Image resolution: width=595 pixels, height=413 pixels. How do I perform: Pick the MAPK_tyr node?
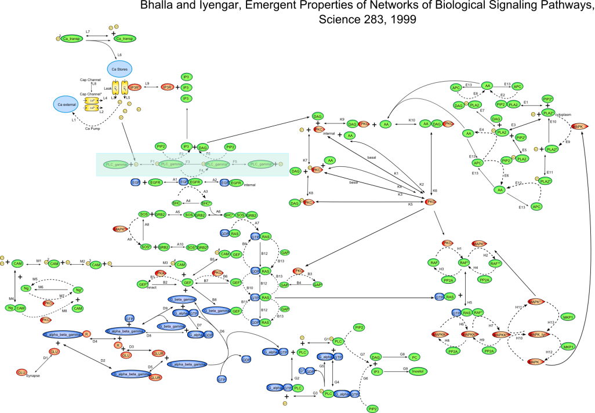pos(538,334)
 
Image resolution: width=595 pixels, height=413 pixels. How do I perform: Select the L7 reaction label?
pos(88,31)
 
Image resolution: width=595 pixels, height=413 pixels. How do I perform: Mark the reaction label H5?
pos(470,302)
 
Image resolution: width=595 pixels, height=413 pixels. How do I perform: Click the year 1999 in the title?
pos(401,20)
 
